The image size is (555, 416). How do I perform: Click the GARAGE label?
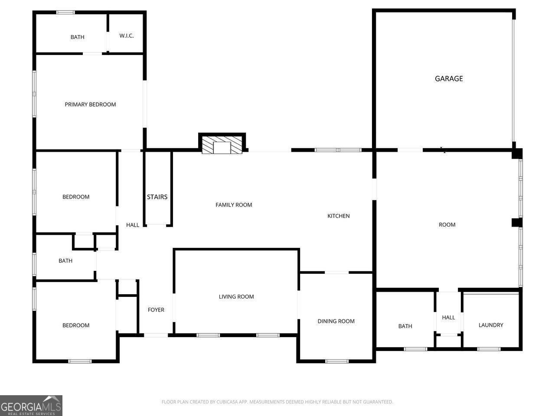(449, 78)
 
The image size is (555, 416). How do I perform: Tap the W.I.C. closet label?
(127, 36)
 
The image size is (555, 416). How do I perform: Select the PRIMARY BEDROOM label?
(90, 104)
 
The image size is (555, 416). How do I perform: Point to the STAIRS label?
(157, 197)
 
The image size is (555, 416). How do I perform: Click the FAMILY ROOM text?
(234, 205)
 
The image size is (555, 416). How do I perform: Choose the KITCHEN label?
(338, 216)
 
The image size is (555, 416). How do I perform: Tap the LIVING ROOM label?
(236, 297)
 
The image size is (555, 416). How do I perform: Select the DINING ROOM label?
(336, 321)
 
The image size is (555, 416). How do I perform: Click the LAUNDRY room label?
(491, 325)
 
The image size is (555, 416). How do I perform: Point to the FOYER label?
(156, 310)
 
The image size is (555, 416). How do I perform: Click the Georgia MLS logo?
(31, 406)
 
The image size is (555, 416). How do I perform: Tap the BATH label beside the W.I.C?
(78, 37)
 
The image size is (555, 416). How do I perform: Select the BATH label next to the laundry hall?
(405, 326)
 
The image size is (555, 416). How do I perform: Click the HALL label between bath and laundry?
(448, 318)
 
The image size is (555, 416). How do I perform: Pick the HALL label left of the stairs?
(133, 225)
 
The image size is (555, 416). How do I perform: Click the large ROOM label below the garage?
(447, 224)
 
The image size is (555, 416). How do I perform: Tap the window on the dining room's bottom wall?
(336, 361)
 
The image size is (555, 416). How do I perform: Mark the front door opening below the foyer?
(156, 335)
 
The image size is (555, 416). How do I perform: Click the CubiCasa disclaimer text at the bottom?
(277, 402)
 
